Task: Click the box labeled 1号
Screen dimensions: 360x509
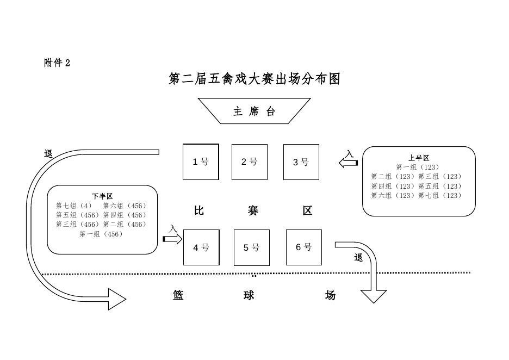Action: [x=201, y=162]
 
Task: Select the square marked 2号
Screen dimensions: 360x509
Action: [x=250, y=162]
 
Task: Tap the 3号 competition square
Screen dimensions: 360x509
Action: [x=301, y=162]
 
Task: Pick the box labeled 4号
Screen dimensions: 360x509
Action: [x=201, y=247]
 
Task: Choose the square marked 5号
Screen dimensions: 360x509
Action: [x=252, y=247]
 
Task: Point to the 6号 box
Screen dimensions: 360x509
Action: [x=304, y=247]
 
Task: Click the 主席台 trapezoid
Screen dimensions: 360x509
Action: [x=254, y=111]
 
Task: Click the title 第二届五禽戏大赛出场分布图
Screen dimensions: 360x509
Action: [x=254, y=79]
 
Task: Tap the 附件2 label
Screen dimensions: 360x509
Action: [x=57, y=63]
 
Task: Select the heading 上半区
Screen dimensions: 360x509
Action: [x=419, y=158]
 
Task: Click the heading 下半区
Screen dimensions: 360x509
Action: [x=102, y=196]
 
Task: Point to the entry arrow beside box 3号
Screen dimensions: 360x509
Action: [x=348, y=162]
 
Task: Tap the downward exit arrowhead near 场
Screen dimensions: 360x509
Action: [x=374, y=296]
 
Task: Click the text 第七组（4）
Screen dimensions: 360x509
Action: [x=75, y=206]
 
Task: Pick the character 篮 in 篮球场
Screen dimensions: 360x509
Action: [x=178, y=295]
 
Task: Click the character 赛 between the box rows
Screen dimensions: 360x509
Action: [x=253, y=211]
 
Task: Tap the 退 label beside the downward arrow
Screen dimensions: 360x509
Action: [x=358, y=258]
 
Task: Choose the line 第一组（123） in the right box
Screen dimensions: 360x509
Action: [x=418, y=167]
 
